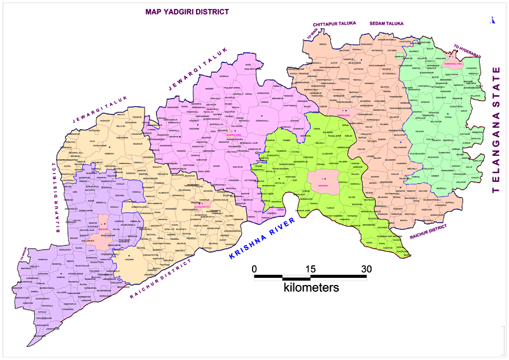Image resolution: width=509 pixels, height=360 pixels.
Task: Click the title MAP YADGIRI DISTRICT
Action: [x=187, y=11]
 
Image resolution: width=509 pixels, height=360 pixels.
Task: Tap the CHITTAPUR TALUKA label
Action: [x=332, y=24]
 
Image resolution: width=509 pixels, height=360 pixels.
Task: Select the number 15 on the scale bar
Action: [x=310, y=268]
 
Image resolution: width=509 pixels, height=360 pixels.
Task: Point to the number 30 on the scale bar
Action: [x=366, y=268]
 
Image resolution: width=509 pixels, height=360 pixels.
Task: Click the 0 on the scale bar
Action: [x=254, y=268]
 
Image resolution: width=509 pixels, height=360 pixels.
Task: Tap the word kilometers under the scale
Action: [x=311, y=287]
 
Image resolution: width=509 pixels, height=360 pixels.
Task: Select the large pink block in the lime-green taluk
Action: [x=323, y=181]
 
